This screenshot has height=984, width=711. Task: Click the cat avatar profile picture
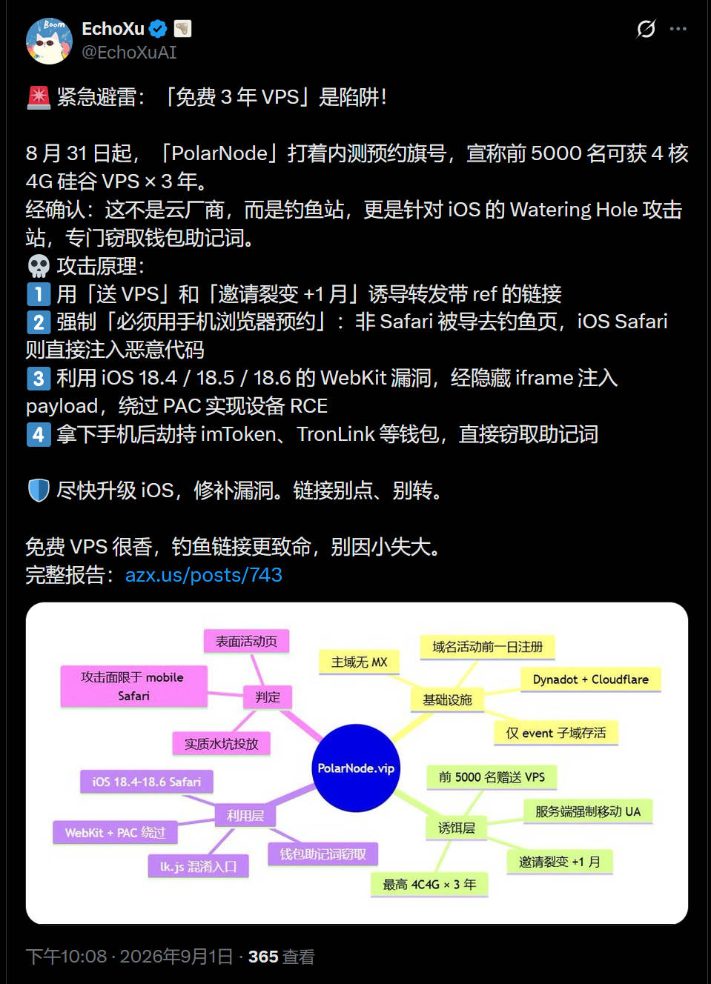pyautogui.click(x=49, y=41)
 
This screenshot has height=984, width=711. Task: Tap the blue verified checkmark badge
pyautogui.click(x=158, y=29)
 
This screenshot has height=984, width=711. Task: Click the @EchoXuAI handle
pyautogui.click(x=129, y=53)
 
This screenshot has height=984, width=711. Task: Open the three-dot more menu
pyautogui.click(x=678, y=29)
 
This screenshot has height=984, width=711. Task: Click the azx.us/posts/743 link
pyautogui.click(x=203, y=574)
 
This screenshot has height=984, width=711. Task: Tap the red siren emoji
pyautogui.click(x=39, y=97)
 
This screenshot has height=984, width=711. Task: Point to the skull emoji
pyautogui.click(x=39, y=266)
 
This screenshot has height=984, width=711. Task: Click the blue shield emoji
pyautogui.click(x=39, y=491)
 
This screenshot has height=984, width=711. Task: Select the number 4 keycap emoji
pyautogui.click(x=39, y=434)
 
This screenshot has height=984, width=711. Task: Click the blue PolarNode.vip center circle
pyautogui.click(x=356, y=768)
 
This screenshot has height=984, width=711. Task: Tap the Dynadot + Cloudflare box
pyautogui.click(x=591, y=679)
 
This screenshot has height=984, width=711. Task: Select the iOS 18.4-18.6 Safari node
pyautogui.click(x=146, y=782)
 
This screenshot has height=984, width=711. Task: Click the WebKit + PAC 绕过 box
pyautogui.click(x=115, y=832)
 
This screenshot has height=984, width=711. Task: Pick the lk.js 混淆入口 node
pyautogui.click(x=198, y=866)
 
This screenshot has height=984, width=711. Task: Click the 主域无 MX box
pyautogui.click(x=359, y=662)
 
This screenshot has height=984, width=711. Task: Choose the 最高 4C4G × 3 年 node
pyautogui.click(x=429, y=884)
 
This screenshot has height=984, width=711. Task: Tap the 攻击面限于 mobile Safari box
pyautogui.click(x=133, y=686)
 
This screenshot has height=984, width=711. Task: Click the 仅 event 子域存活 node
pyautogui.click(x=556, y=733)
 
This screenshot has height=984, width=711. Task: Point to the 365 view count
pyautogui.click(x=263, y=957)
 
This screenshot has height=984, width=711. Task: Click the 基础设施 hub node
pyautogui.click(x=447, y=699)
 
